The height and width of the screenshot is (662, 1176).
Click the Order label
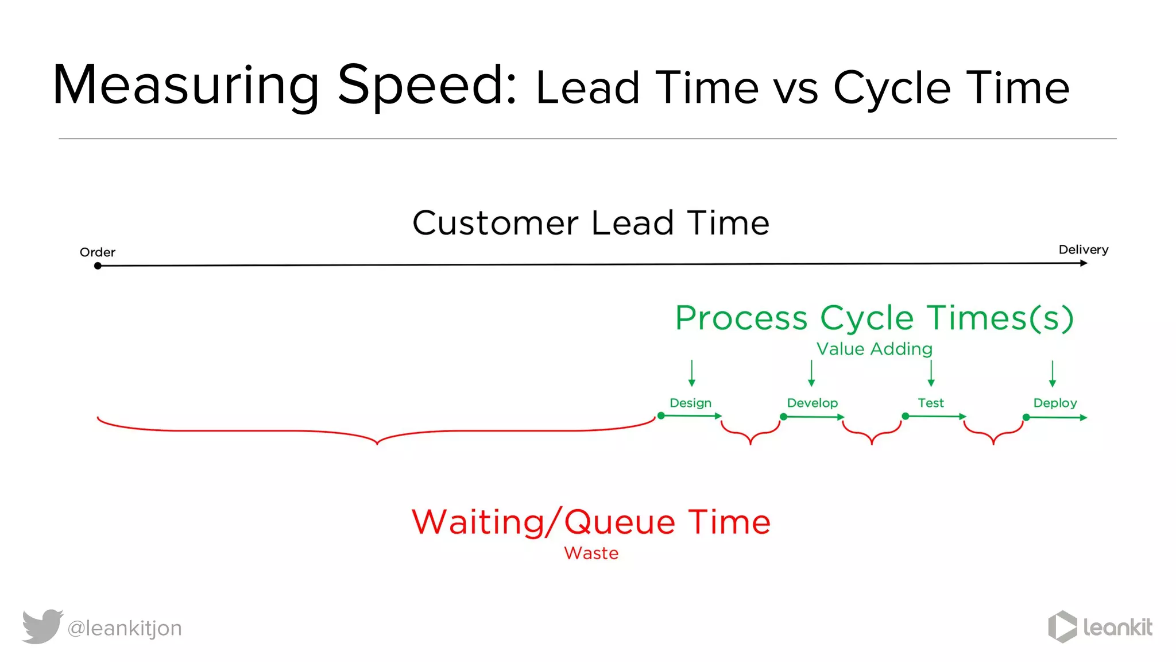tap(97, 252)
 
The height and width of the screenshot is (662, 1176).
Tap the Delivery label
tap(1083, 249)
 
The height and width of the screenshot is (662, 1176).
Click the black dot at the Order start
tap(98, 266)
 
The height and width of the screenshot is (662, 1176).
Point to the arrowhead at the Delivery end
tap(1084, 263)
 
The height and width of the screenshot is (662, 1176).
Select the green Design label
tap(690, 403)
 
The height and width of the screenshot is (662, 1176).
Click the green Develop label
tap(812, 403)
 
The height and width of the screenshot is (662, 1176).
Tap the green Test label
tap(930, 403)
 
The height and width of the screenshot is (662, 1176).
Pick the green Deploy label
tap(1055, 403)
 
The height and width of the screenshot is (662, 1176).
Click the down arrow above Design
tap(692, 373)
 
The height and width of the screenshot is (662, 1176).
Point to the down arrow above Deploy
tap(1052, 374)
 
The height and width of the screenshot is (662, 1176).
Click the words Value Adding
tap(874, 349)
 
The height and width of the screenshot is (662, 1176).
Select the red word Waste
tap(591, 553)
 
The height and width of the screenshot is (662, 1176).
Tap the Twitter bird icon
tap(42, 626)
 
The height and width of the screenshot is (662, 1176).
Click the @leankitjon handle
tap(125, 628)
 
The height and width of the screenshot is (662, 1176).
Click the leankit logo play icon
tap(1062, 626)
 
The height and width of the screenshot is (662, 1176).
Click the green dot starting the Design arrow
tap(661, 415)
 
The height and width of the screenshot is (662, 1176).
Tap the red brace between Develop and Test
tap(872, 434)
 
